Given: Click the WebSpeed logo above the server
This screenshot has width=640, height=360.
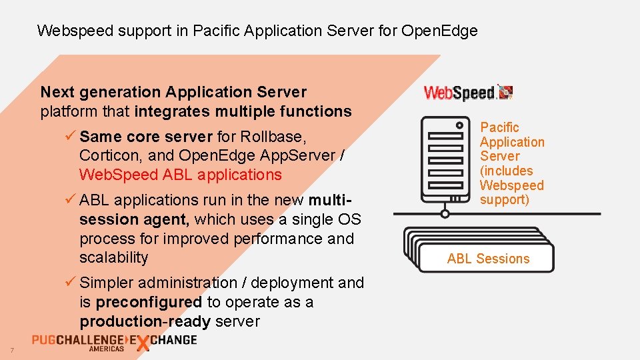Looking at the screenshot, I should (x=468, y=93).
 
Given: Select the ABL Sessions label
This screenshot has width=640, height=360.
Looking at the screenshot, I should (x=488, y=259).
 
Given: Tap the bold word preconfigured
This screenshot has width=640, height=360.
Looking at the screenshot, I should (x=149, y=302).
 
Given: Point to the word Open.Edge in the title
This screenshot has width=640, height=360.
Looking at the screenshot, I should (x=439, y=30).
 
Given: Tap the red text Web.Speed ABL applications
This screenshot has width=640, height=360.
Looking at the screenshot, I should (x=180, y=175).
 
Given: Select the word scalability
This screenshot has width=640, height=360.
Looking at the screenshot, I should (x=113, y=257).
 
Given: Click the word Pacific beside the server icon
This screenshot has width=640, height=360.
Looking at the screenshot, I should (x=499, y=127).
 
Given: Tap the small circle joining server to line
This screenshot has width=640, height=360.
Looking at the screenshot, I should (x=445, y=214).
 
